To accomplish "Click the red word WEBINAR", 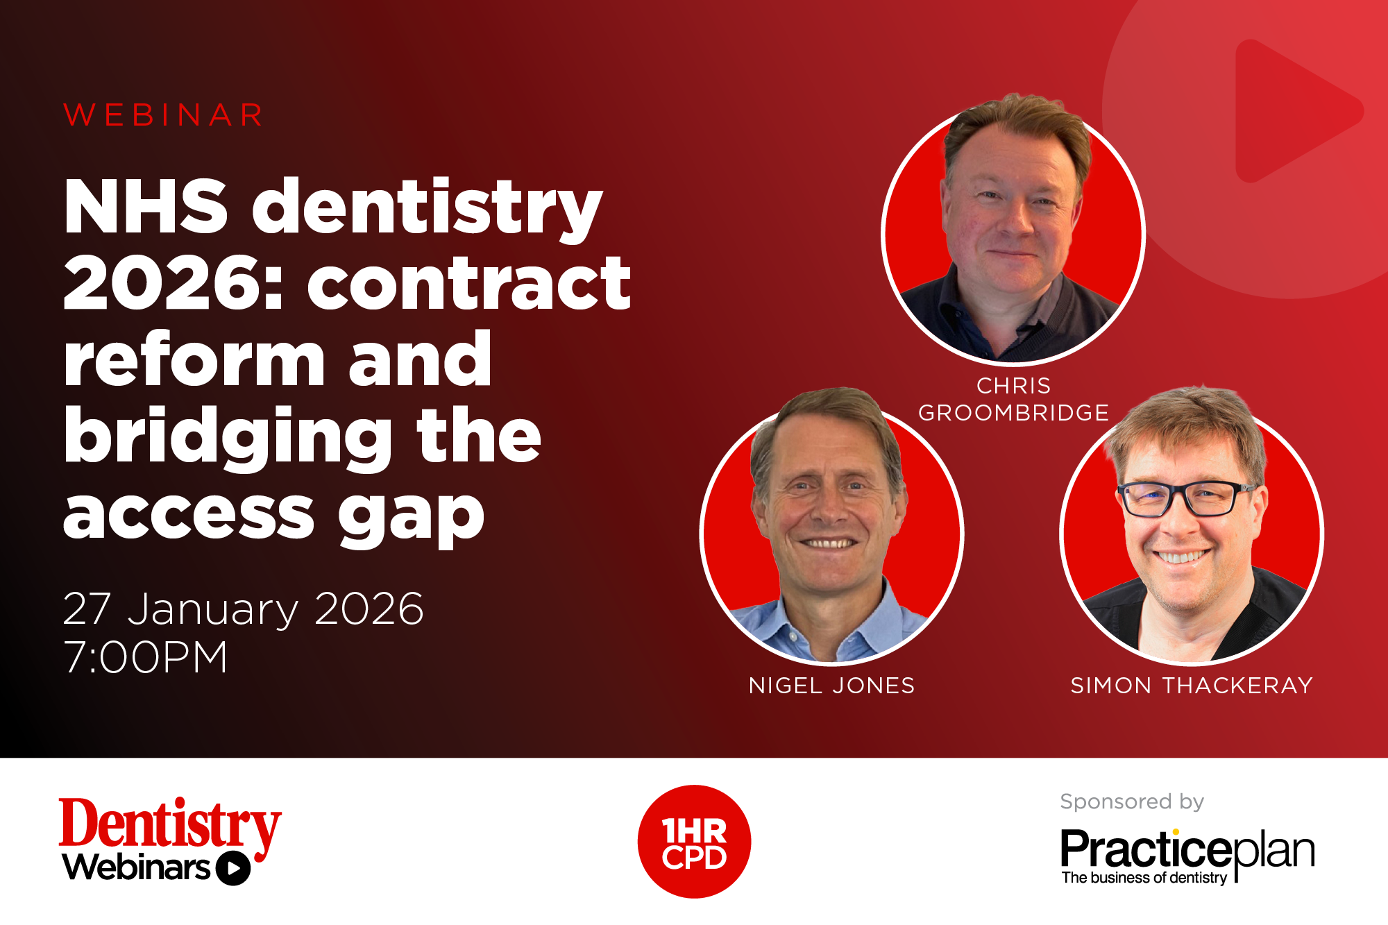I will [x=164, y=115].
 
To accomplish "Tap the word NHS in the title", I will [x=146, y=207].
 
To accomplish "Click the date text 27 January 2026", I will [x=243, y=609].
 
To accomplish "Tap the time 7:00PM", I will [x=146, y=657].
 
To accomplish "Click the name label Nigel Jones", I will [x=831, y=686].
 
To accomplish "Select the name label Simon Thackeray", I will [x=1192, y=686].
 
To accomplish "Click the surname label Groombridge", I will [x=1013, y=413].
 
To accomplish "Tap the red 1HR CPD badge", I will [x=694, y=842].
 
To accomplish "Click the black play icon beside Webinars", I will [x=233, y=868].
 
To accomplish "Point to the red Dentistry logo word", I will [x=169, y=824].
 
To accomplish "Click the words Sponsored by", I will [x=1132, y=801].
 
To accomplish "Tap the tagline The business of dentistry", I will [x=1144, y=878].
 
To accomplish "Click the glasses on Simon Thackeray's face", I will [x=1187, y=498].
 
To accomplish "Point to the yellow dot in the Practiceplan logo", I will [x=1176, y=832].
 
